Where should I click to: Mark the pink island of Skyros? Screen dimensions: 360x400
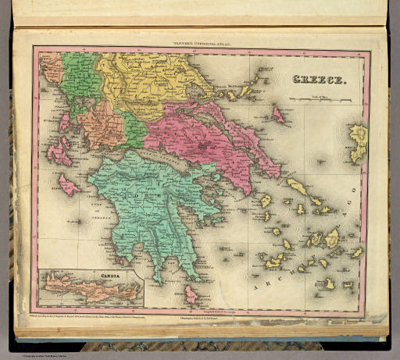[278, 116]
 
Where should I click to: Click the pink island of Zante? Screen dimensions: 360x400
[69, 186]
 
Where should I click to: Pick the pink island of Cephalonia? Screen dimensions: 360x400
[59, 151]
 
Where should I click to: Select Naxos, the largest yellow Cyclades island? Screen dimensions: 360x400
[331, 237]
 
